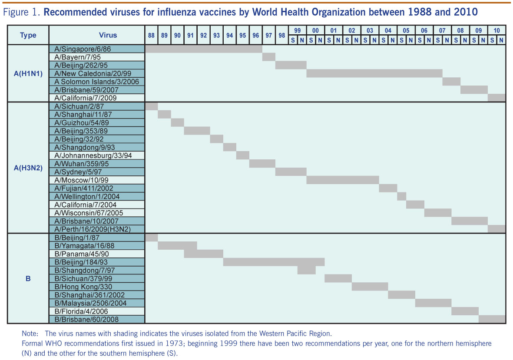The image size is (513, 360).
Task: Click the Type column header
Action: [x=28, y=35]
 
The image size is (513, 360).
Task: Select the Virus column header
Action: [x=96, y=35]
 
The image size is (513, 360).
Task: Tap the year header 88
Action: [x=151, y=36]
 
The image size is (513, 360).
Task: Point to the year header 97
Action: [x=269, y=36]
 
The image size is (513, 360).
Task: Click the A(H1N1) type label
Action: [x=28, y=73]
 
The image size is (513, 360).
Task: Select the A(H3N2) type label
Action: [x=28, y=168]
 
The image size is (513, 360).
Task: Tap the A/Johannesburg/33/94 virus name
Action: [x=89, y=155]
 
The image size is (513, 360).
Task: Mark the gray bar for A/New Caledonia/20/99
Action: [x=374, y=73]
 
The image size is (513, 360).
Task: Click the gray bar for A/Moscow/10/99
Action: [x=342, y=180]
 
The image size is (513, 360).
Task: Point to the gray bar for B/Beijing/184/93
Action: [x=273, y=262]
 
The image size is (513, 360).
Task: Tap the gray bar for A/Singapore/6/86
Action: [x=203, y=49]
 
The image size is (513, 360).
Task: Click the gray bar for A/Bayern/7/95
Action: [x=269, y=57]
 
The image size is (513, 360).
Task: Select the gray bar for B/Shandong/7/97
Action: [x=307, y=270]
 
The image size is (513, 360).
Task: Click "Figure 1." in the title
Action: [x=22, y=12]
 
